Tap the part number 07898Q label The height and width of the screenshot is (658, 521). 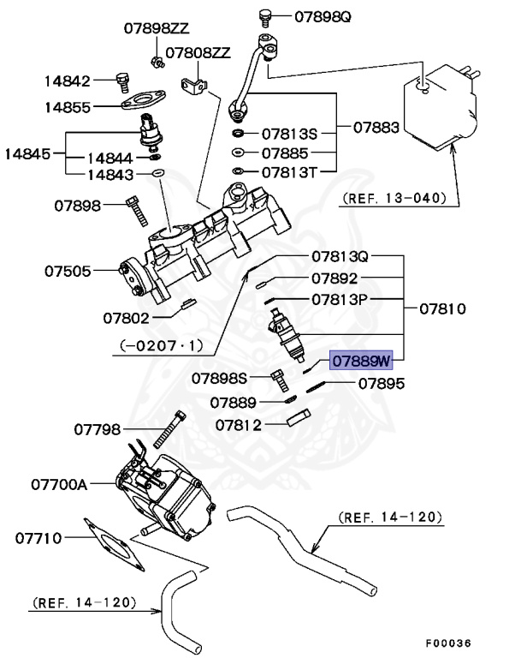(x=323, y=15)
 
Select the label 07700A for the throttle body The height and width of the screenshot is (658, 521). (x=57, y=484)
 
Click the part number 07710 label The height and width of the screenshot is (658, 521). (x=38, y=538)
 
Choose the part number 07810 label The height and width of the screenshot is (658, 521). (x=442, y=307)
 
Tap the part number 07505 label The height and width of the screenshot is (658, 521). (x=68, y=272)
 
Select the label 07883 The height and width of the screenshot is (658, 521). (x=376, y=128)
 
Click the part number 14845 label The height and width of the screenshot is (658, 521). (x=28, y=154)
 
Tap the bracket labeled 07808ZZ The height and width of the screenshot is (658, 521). (x=193, y=84)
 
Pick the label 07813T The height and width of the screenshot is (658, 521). (x=289, y=172)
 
